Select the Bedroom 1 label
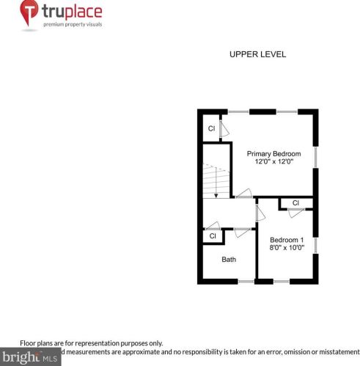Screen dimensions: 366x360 pos(286,240)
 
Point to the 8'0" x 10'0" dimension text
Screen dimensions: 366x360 pos(286,249)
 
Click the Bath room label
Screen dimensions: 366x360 pos(229,259)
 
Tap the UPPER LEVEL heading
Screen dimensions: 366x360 pos(257,54)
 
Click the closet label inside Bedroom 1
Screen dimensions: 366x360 pos(295,202)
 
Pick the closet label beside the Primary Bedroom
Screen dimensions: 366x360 pos(211,128)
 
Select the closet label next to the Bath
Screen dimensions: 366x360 pos(213,235)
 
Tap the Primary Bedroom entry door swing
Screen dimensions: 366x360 pos(243,194)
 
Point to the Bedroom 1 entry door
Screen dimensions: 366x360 pos(259,213)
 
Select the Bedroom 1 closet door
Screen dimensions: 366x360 pos(295,213)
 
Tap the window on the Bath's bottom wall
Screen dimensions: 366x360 pos(246,281)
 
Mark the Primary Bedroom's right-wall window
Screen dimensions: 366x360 pos(315,158)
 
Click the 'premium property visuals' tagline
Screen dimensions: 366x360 pos(72,25)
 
